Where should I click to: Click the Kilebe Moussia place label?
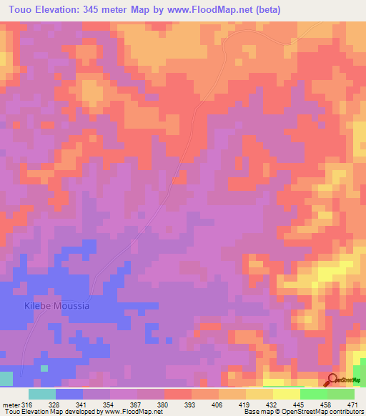point(57,306)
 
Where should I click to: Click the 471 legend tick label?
point(352,404)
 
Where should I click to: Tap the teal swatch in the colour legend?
point(42,394)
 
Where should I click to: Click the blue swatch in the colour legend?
point(69,394)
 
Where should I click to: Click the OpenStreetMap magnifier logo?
point(332,380)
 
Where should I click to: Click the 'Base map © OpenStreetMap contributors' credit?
point(303,412)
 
